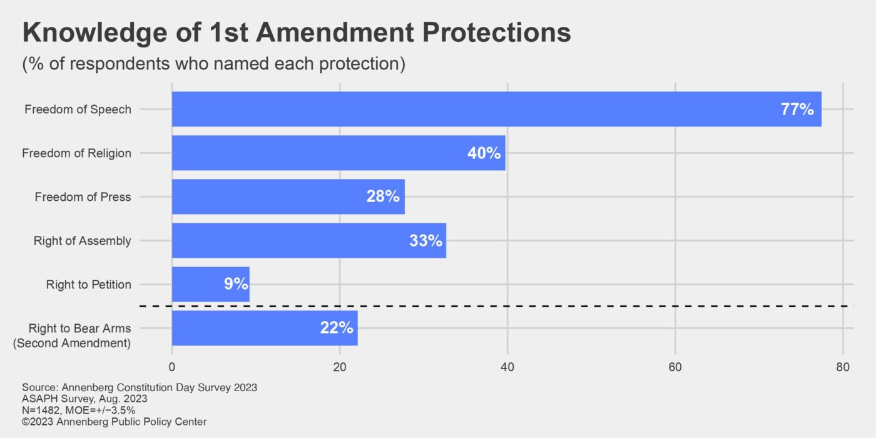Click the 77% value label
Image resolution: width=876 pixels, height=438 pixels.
tap(797, 109)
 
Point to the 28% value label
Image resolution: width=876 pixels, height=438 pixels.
tap(382, 196)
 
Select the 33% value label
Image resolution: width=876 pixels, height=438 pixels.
tap(425, 240)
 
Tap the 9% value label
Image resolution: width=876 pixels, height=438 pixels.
tap(236, 284)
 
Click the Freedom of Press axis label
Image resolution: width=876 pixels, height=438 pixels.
tap(83, 197)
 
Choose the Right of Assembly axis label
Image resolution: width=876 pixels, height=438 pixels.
tap(82, 241)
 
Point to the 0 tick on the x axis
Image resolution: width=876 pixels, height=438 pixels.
tap(172, 367)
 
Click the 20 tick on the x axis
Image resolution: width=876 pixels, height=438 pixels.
tap(339, 367)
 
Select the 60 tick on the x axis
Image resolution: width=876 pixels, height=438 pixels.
tap(675, 367)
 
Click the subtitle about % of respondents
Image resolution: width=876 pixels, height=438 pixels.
tap(213, 64)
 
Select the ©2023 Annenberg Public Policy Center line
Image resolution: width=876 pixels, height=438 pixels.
tap(114, 422)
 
